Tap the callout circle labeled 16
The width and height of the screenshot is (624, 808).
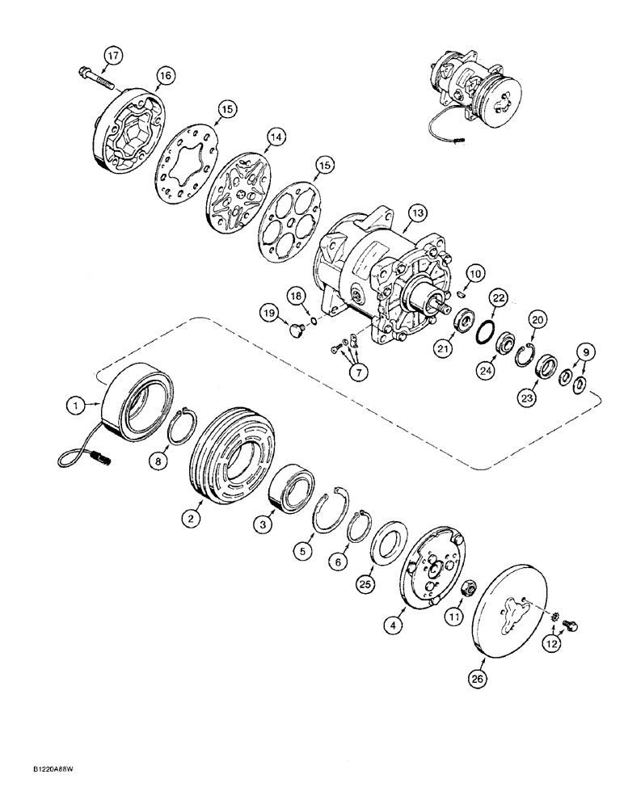[x=165, y=75]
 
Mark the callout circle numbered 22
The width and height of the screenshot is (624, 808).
[x=499, y=299]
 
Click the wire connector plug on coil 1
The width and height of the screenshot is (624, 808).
[x=102, y=464]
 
